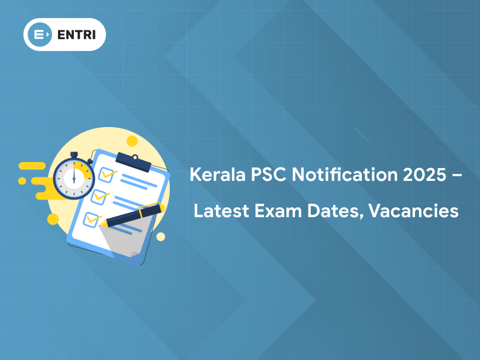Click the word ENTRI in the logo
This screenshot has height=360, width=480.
tap(78, 35)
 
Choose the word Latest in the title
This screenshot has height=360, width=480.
tap(218, 211)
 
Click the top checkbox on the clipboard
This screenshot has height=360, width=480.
tap(107, 174)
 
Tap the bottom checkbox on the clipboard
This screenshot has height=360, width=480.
tap(91, 220)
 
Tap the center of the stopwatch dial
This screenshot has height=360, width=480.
tap(74, 178)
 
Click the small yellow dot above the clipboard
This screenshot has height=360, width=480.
tap(132, 140)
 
